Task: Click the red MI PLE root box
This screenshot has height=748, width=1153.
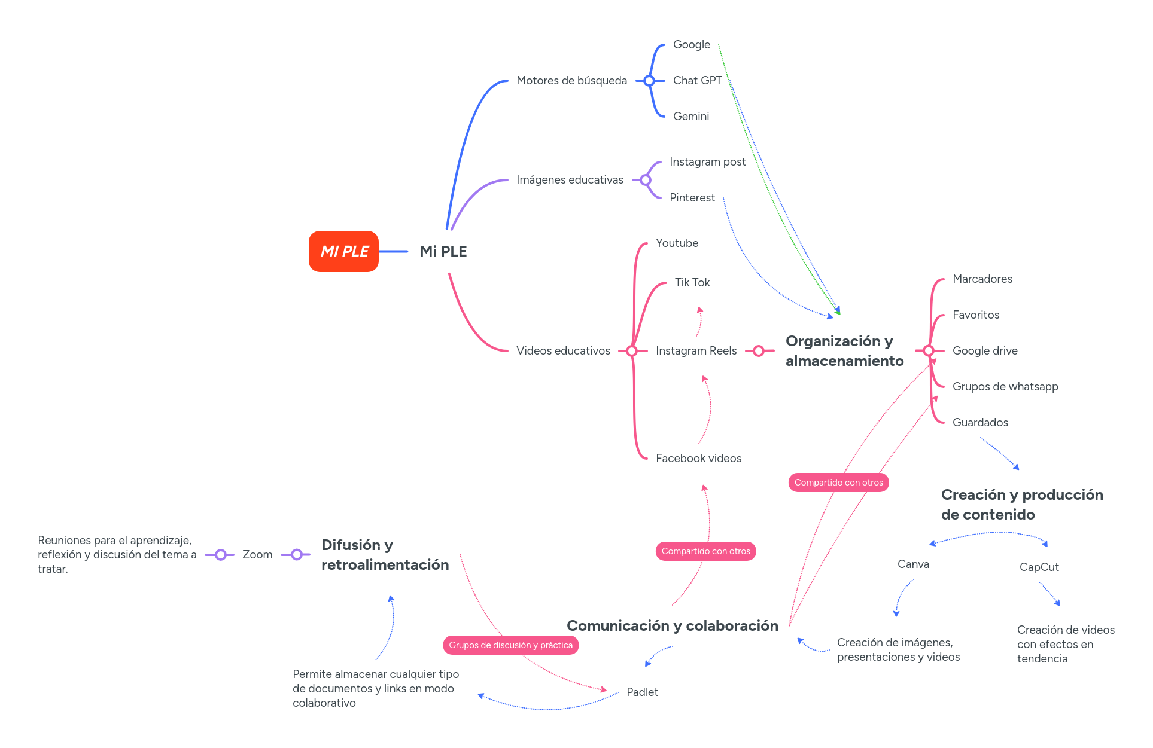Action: coord(343,251)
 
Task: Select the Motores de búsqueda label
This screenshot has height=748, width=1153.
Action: coord(571,81)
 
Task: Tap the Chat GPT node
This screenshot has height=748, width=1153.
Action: coord(697,81)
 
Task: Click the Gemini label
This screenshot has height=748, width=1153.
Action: coord(690,117)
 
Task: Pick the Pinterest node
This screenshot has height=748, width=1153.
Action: coord(692,198)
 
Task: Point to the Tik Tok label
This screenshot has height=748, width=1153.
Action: coord(692,283)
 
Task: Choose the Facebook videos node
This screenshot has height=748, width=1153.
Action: coord(698,459)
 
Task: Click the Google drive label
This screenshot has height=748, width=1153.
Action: coord(984,351)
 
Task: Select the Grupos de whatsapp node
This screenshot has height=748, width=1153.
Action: coord(1005,387)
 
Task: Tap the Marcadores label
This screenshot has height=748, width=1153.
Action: coord(982,279)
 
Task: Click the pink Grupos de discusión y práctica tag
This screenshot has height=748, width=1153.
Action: coord(510,645)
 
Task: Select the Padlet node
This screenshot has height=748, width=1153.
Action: coord(642,692)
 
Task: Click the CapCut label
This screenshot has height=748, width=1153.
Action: coord(1039,567)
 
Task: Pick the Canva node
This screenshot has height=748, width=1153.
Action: coord(913,564)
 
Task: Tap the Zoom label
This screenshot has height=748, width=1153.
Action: coord(257,555)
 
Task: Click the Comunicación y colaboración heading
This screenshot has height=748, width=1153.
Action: coord(672,626)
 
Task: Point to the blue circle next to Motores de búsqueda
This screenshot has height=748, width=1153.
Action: coord(649,81)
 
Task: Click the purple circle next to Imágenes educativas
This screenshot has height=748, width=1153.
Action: coord(646,180)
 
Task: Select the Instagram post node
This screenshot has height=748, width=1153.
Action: coord(707,162)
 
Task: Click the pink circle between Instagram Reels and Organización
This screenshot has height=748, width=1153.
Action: coord(759,351)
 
